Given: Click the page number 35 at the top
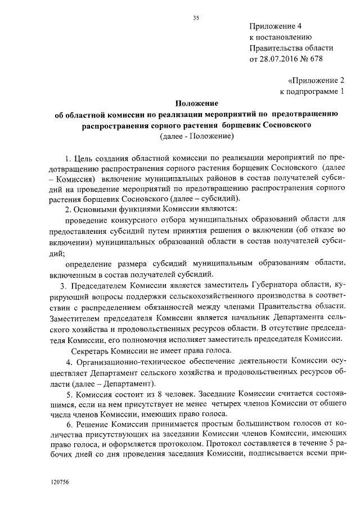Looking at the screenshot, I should click(x=196, y=18).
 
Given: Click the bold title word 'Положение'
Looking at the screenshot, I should click(x=196, y=103).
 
